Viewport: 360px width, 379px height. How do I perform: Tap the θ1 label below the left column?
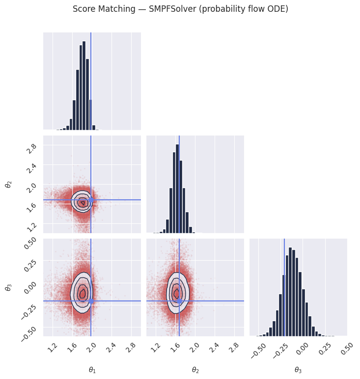pos(92,370)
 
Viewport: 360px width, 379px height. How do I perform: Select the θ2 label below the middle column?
pos(195,370)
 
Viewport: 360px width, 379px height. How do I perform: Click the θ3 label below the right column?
pos(298,370)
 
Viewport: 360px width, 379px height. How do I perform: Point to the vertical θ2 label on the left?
pos(8,184)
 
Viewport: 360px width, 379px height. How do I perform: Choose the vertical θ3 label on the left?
pos(8,287)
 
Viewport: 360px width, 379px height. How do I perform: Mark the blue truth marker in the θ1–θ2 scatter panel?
pos(91,200)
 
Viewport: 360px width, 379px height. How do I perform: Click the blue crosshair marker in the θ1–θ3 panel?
pos(91,300)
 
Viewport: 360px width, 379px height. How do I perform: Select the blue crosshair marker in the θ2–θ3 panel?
pos(179,300)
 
